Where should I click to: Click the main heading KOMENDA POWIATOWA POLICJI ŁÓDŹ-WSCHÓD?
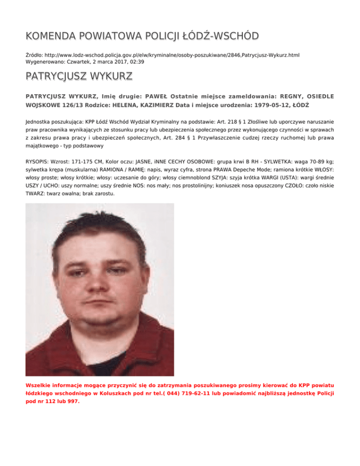tap(142, 37)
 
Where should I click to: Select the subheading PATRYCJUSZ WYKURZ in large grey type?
tap(79, 76)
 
